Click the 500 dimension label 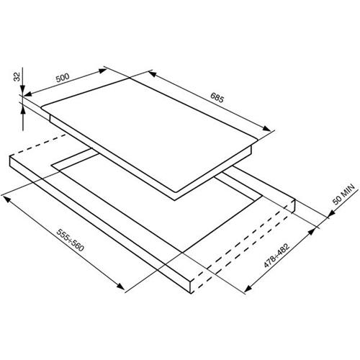click(63, 78)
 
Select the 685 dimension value click(217, 97)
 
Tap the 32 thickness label click(17, 77)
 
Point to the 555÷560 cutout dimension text click(70, 240)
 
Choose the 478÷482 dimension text click(276, 256)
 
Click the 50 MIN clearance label click(343, 194)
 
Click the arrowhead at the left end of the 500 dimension click(28, 94)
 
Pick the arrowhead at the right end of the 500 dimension click(103, 71)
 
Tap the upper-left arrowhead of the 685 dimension click(152, 73)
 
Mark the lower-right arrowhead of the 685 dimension click(266, 128)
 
